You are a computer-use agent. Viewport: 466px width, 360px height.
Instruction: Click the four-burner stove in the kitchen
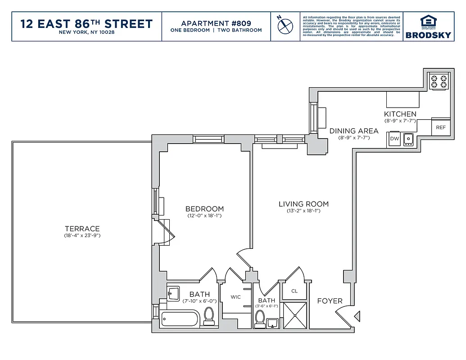pyautogui.click(x=439, y=81)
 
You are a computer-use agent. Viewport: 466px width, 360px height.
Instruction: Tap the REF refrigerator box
pyautogui.click(x=440, y=128)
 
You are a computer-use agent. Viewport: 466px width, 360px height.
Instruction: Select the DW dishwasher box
pyautogui.click(x=394, y=139)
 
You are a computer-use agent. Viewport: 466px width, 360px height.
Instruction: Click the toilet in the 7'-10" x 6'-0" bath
pyautogui.click(x=209, y=315)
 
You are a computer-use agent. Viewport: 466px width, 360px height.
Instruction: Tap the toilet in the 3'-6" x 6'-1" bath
pyautogui.click(x=260, y=319)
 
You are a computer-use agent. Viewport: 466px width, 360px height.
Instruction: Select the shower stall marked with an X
pyautogui.click(x=294, y=315)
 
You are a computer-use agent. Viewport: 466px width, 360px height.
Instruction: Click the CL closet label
pyautogui.click(x=294, y=291)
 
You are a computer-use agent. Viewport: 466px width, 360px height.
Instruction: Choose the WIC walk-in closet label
pyautogui.click(x=236, y=297)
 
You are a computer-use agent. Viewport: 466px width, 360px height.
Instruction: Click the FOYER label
pyautogui.click(x=330, y=301)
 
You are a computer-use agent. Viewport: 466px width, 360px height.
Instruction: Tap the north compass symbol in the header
pyautogui.click(x=284, y=26)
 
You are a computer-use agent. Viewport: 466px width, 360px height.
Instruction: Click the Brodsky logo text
pyautogui.click(x=428, y=35)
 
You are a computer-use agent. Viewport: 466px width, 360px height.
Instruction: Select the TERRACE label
pyautogui.click(x=82, y=229)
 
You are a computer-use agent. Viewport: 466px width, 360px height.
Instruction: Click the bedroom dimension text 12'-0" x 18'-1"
pyautogui.click(x=204, y=216)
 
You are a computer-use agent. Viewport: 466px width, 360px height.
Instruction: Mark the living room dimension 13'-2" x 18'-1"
pyautogui.click(x=303, y=211)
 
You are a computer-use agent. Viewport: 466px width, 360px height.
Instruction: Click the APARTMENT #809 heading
pyautogui.click(x=216, y=23)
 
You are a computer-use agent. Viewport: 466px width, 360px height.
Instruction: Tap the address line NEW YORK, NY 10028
pyautogui.click(x=87, y=33)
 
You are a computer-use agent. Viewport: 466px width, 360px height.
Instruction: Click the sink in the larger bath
pyautogui.click(x=173, y=293)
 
